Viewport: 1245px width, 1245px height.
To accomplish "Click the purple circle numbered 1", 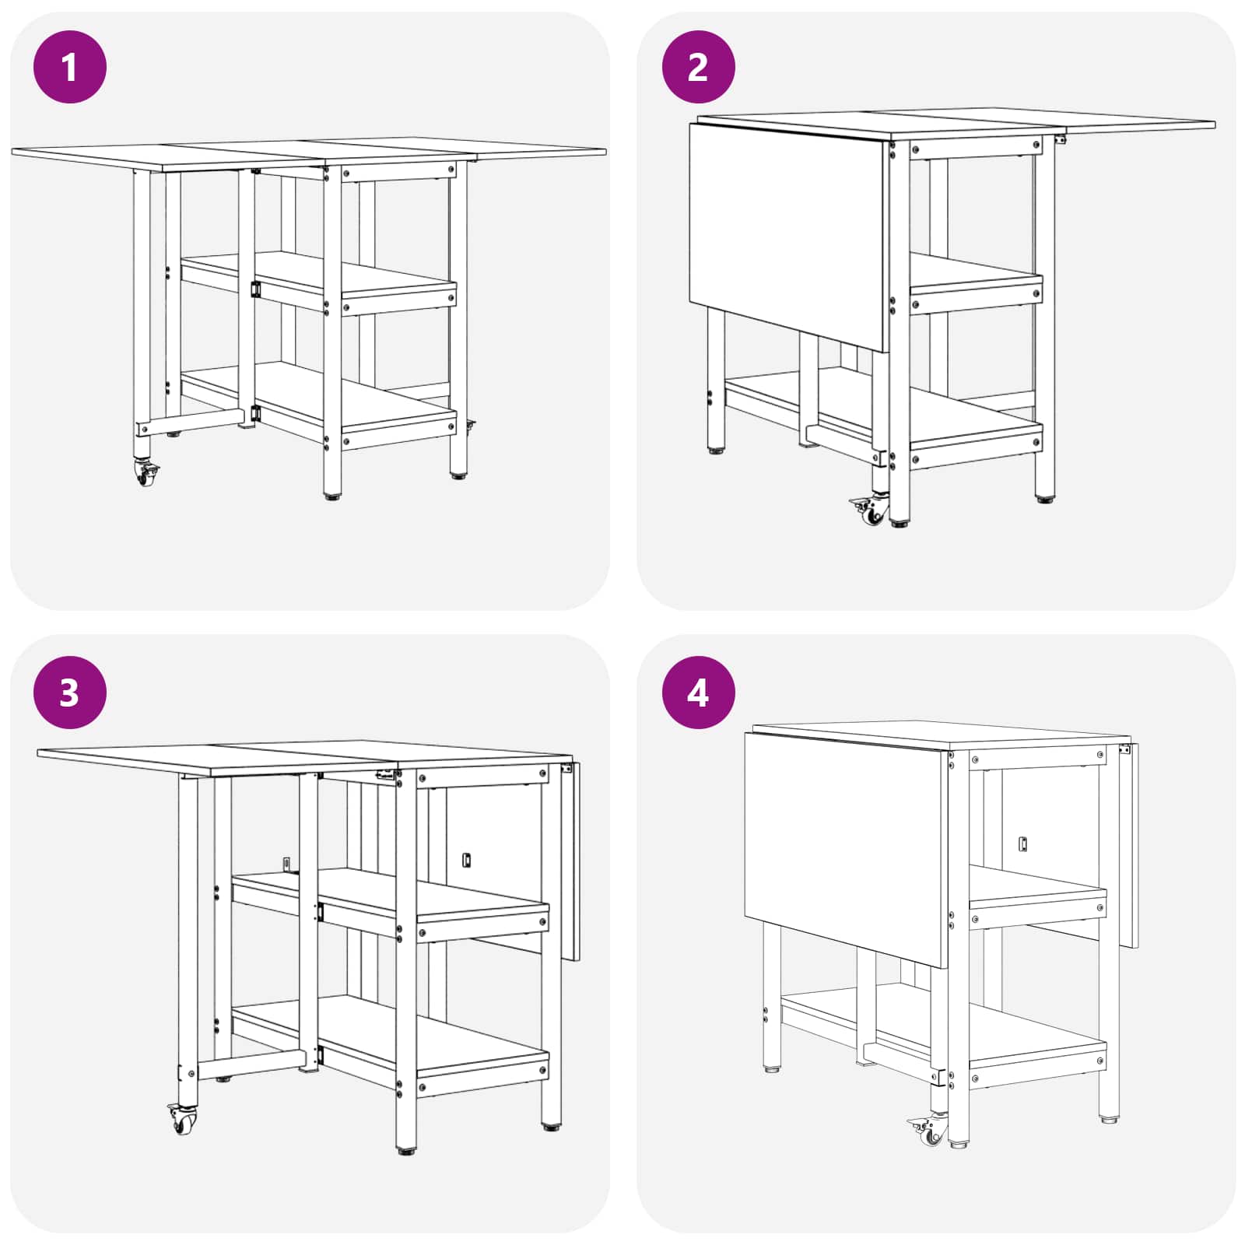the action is [x=70, y=67].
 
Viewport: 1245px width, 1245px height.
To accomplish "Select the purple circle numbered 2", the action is [x=698, y=67].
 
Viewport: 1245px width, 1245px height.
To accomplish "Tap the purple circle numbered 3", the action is [x=70, y=692].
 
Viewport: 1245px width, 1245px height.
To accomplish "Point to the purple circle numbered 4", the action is [x=698, y=692].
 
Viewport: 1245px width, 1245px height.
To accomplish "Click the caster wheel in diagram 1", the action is [x=146, y=473].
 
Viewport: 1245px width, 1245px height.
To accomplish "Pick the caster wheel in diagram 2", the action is [x=869, y=510].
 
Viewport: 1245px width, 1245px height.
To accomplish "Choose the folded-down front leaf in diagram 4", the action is [x=847, y=850].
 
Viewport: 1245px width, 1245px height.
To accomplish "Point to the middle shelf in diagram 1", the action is [x=319, y=282].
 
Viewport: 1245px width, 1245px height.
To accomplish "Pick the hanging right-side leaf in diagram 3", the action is [x=571, y=861].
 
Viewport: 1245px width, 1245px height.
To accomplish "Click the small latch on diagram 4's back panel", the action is [x=1023, y=844].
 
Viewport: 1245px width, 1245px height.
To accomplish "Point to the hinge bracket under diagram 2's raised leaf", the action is [x=1059, y=140].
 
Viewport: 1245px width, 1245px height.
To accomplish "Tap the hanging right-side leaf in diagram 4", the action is [x=1129, y=845].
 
